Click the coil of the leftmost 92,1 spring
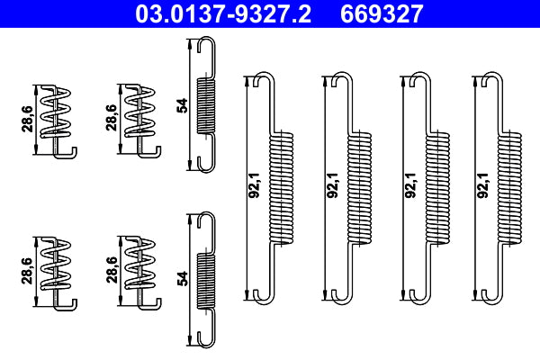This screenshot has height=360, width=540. (283, 186)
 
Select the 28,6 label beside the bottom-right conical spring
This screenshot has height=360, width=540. (111, 271)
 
